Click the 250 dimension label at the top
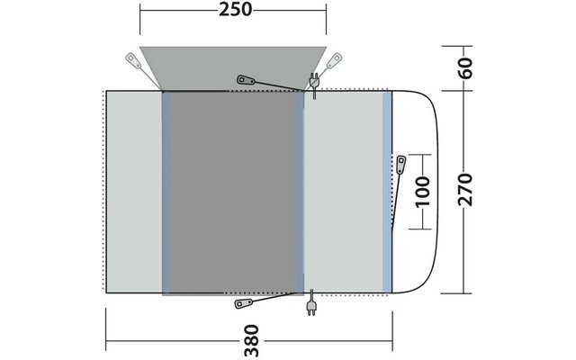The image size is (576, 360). point(235,10)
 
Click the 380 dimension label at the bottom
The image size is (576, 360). point(252,340)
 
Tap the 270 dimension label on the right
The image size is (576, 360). point(464,190)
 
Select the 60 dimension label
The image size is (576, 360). point(465,68)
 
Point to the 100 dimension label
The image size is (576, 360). point(422,192)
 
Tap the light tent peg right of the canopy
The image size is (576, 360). point(334,60)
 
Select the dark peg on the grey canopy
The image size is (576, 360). point(247,80)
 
